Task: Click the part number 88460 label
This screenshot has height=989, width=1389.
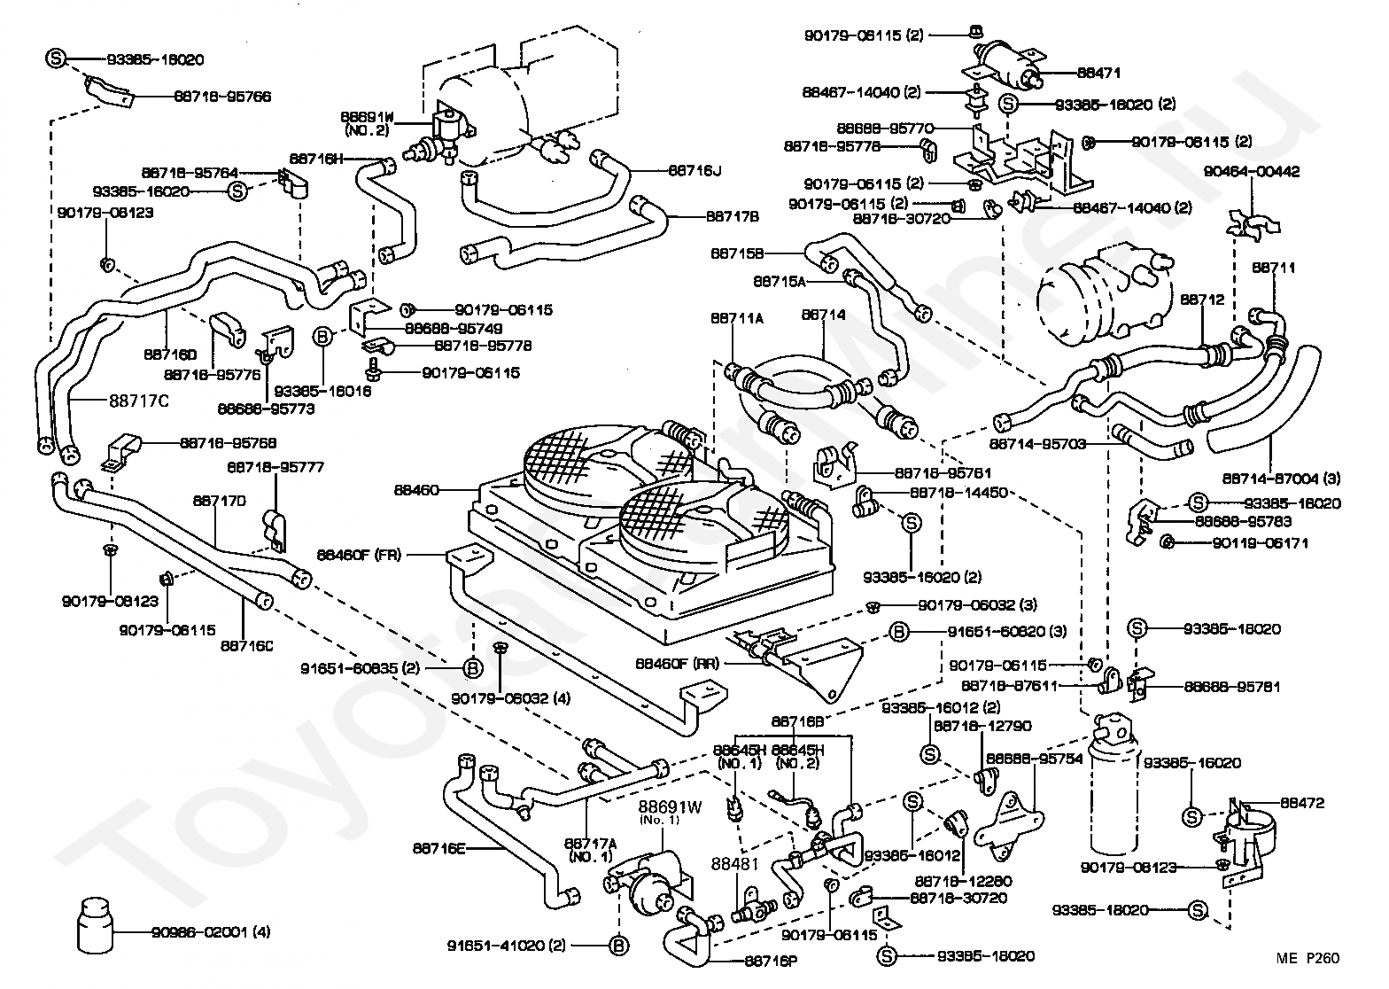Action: click(x=417, y=488)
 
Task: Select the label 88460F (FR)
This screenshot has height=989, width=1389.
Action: click(x=360, y=555)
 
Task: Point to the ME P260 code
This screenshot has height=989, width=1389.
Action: click(x=1308, y=957)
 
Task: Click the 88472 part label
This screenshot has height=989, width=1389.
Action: click(x=1301, y=803)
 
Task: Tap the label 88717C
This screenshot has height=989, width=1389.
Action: click(x=139, y=400)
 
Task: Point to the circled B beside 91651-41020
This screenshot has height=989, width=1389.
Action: click(x=619, y=946)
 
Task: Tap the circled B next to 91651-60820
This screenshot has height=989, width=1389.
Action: click(x=898, y=631)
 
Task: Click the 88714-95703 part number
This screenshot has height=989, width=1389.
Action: click(x=1038, y=443)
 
